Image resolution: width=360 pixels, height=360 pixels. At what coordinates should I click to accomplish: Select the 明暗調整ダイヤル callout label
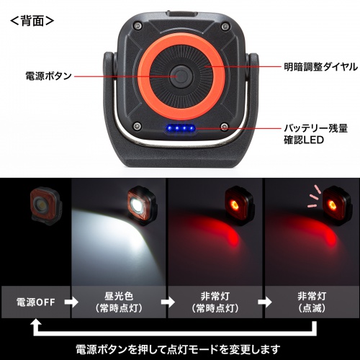point(318,67)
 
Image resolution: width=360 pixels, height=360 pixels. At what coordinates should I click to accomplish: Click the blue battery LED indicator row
point(181,130)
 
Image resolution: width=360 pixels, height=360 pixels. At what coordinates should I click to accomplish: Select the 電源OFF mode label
point(35,300)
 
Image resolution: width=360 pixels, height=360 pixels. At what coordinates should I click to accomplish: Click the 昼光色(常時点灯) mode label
point(119,300)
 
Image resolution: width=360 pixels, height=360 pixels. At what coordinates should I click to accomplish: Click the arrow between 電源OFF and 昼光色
point(71,300)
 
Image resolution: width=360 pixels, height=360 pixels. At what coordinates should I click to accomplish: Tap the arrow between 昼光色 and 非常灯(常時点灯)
point(166,300)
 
